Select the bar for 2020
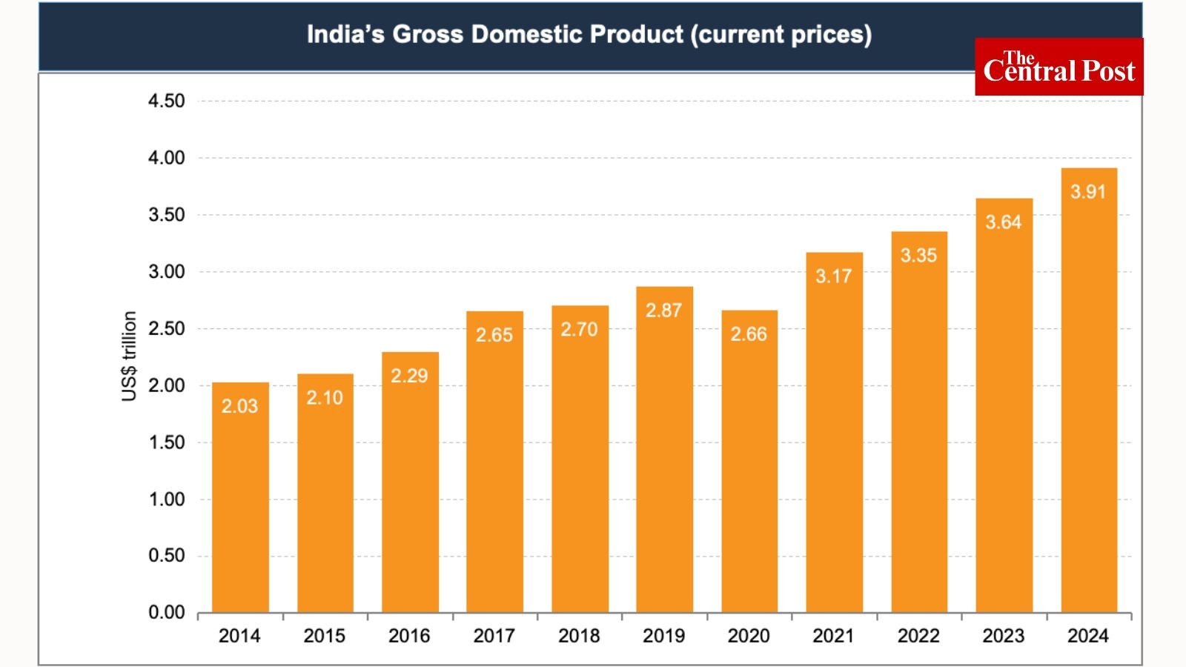click(x=749, y=474)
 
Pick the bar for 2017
click(x=494, y=474)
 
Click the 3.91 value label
click(x=1088, y=192)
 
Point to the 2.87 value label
click(x=663, y=311)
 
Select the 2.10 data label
click(x=325, y=398)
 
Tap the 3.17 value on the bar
click(x=834, y=276)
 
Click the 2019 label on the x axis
click(x=663, y=636)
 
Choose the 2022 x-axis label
click(x=918, y=636)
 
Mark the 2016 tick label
click(x=409, y=636)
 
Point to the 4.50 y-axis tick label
click(x=167, y=101)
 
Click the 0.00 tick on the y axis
click(x=167, y=612)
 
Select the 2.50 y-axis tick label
click(x=167, y=328)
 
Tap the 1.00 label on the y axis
click(x=167, y=499)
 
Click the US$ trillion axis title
click(x=129, y=356)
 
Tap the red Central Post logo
click(x=1059, y=67)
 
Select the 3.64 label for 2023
click(x=1003, y=222)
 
